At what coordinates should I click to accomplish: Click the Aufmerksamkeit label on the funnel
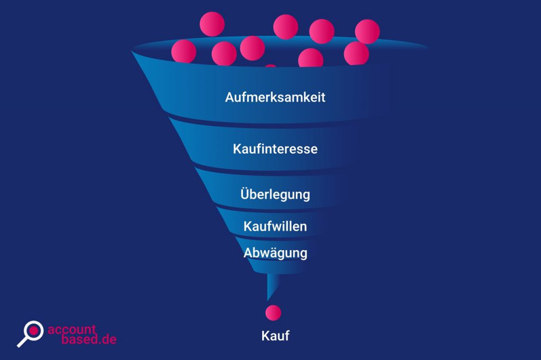275,98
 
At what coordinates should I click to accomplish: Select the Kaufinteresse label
275,149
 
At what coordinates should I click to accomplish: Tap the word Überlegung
275,194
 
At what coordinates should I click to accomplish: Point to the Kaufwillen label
275,226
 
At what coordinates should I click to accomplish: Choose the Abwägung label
275,253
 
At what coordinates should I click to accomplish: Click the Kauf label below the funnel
275,335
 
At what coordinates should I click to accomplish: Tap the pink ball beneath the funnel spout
273,312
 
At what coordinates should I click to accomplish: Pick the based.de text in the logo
82,339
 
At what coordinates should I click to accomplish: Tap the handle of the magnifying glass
23,342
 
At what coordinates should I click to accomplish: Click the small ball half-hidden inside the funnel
270,67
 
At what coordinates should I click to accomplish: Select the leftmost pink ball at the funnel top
183,51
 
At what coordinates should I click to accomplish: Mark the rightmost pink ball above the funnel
367,31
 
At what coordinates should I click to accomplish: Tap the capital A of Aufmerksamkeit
230,98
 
